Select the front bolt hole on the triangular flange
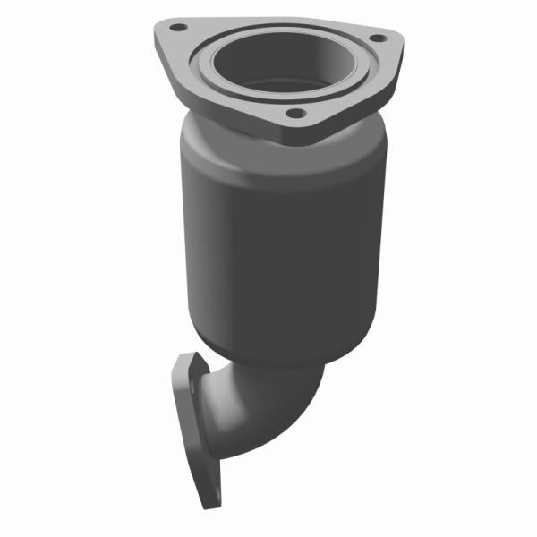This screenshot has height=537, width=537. [x=293, y=114]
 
